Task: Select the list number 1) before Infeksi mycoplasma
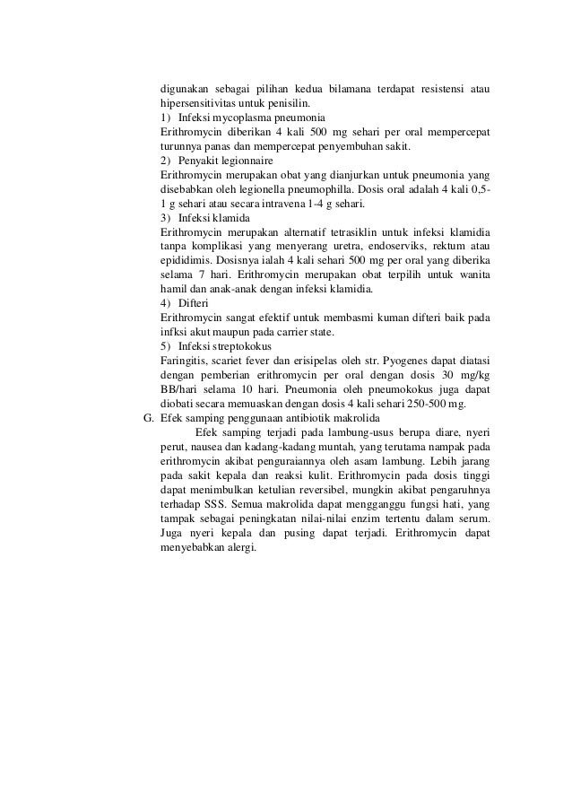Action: click(166, 118)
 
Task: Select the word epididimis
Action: click(186, 261)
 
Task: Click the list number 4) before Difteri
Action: click(166, 304)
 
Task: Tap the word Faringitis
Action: click(183, 361)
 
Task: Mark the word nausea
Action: click(207, 448)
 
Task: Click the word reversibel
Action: click(327, 491)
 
